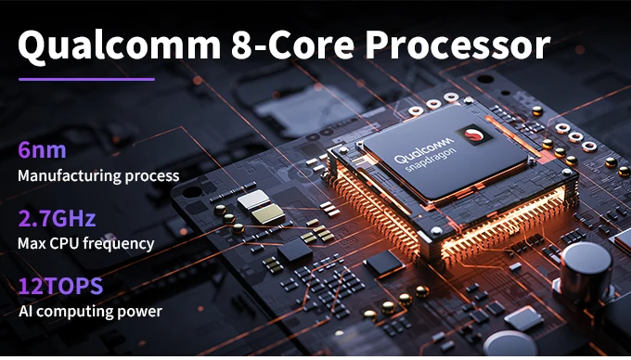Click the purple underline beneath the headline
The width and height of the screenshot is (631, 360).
pyautogui.click(x=86, y=79)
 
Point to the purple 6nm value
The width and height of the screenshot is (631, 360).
pyautogui.click(x=42, y=150)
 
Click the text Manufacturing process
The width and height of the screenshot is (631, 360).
pyautogui.click(x=98, y=175)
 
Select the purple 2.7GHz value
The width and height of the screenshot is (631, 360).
pyautogui.click(x=57, y=218)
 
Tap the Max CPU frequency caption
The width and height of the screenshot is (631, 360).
pyautogui.click(x=85, y=244)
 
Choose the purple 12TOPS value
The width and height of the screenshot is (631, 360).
pyautogui.click(x=60, y=287)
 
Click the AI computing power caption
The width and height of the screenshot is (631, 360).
pyautogui.click(x=90, y=312)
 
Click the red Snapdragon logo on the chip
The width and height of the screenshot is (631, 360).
pyautogui.click(x=474, y=135)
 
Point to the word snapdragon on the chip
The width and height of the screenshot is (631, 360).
pyautogui.click(x=431, y=160)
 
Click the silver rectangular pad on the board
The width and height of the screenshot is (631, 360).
pyautogui.click(x=253, y=199)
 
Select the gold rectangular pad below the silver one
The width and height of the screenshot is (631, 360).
pyautogui.click(x=268, y=213)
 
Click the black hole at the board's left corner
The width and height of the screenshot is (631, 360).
pyautogui.click(x=192, y=192)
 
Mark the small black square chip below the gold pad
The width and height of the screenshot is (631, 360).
pyautogui.click(x=295, y=251)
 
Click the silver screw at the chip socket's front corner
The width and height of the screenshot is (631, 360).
pyautogui.click(x=436, y=231)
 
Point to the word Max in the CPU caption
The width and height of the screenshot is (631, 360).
pyautogui.click(x=30, y=244)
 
